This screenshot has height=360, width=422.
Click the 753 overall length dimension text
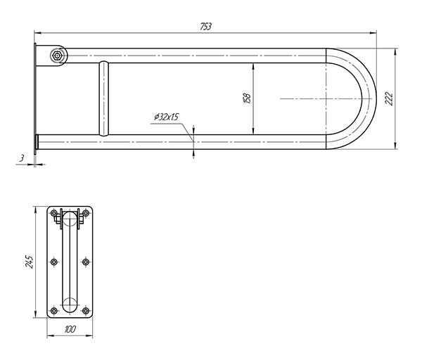point(206,27)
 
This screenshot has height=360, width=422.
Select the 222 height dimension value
point(389,98)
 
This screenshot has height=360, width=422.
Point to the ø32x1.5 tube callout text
point(166,117)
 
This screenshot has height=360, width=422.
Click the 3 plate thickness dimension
point(22,158)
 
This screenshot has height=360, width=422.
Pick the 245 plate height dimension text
point(29,262)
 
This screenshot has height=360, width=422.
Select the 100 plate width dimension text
point(70,329)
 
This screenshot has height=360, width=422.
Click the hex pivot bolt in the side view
point(57,56)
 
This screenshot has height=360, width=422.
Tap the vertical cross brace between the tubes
point(104,98)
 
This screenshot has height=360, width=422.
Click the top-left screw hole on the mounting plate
point(54,213)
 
